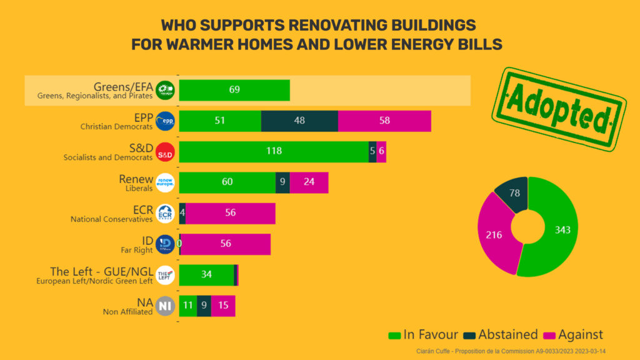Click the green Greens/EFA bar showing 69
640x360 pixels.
click(234, 90)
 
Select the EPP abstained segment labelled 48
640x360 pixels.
click(299, 121)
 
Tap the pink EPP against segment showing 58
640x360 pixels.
click(384, 121)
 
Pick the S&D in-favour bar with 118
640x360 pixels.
click(274, 151)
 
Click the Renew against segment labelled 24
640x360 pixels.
click(309, 182)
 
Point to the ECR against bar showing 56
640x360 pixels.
click(231, 213)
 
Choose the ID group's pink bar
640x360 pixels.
click(226, 244)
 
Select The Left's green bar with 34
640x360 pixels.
click(206, 274)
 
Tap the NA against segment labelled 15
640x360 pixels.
click(223, 306)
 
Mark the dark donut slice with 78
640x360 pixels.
click(514, 194)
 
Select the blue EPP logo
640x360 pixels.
click(165, 121)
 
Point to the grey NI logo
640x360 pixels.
click(165, 306)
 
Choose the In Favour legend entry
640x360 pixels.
click(424, 335)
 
